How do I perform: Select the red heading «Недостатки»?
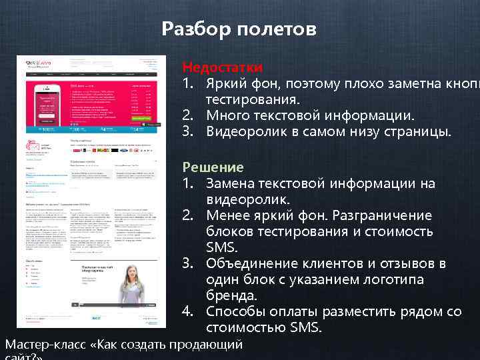[222, 67]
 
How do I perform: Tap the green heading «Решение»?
[213, 167]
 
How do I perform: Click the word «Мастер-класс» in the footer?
[45, 345]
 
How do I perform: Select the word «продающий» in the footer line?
[205, 345]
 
